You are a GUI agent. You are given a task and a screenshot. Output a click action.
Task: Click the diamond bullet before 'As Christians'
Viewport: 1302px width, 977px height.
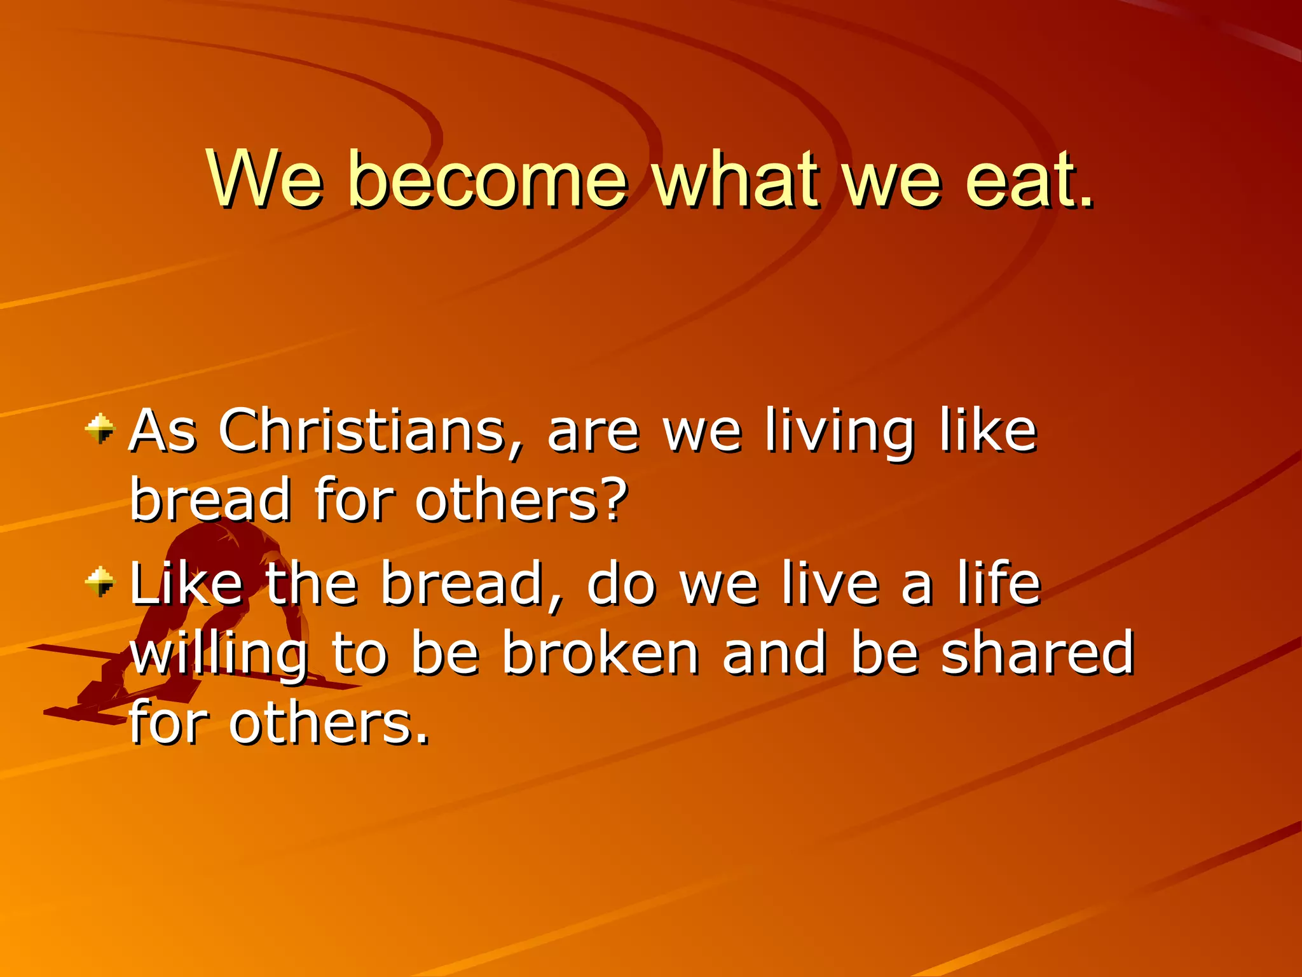click(100, 429)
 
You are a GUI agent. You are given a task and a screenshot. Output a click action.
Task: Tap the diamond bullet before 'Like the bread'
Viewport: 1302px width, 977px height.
click(100, 581)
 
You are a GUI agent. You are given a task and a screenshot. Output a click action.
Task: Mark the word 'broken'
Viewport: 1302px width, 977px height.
click(601, 654)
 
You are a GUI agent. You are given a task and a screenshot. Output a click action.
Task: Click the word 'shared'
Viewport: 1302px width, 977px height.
click(1038, 654)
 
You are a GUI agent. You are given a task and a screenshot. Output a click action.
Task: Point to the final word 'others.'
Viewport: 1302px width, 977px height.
click(329, 724)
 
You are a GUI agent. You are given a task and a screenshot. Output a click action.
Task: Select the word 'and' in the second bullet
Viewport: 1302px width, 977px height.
click(774, 654)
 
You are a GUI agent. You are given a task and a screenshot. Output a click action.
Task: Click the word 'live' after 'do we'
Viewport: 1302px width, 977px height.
click(830, 584)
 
